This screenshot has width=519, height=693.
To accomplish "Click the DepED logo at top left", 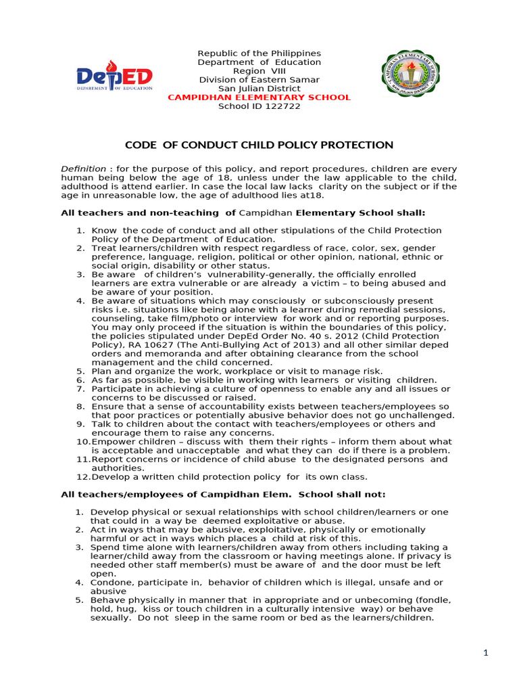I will [x=114, y=79].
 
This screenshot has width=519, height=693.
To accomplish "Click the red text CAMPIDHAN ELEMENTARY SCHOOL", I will [x=259, y=97].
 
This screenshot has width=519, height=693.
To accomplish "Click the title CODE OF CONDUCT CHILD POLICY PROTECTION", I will [x=259, y=145].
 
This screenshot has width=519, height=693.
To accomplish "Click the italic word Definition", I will [x=83, y=169].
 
